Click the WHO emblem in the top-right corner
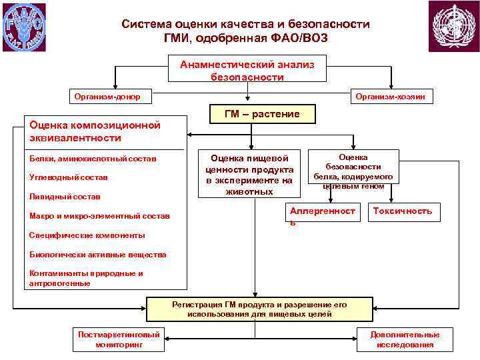(453, 27)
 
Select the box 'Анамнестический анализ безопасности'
(247, 70)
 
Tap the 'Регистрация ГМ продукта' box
(259, 309)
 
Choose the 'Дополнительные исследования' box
(405, 339)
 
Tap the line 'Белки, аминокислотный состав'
(93, 159)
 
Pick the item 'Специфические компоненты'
(87, 235)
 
